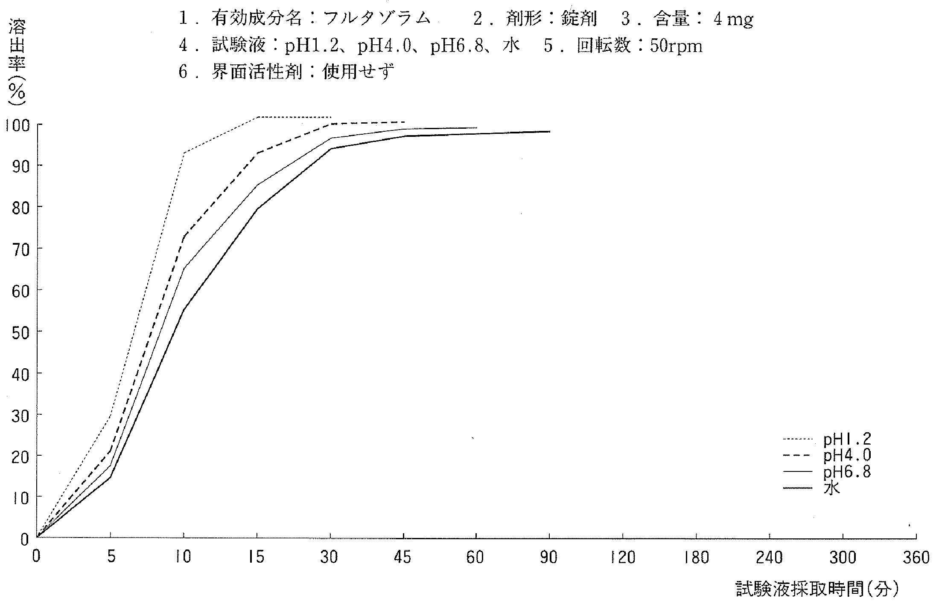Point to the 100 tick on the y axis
point(17,125)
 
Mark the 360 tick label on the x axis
point(916,558)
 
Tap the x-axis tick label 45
point(403,558)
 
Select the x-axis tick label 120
point(623,558)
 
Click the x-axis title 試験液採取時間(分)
point(817,590)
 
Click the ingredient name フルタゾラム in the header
point(377,19)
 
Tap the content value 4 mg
point(733,19)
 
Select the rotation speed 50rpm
point(677,46)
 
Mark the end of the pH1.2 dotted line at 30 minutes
point(331,117)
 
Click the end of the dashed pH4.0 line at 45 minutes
point(404,122)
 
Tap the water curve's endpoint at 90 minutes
point(550,131)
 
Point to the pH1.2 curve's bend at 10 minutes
point(184,153)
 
